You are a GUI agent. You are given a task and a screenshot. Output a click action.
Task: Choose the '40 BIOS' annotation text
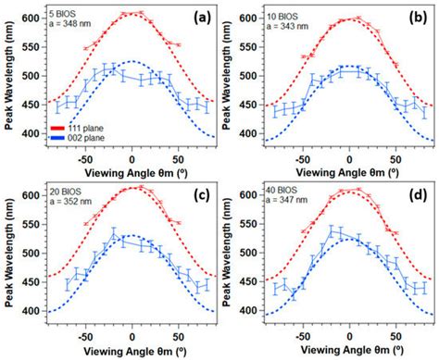coord(279,189)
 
